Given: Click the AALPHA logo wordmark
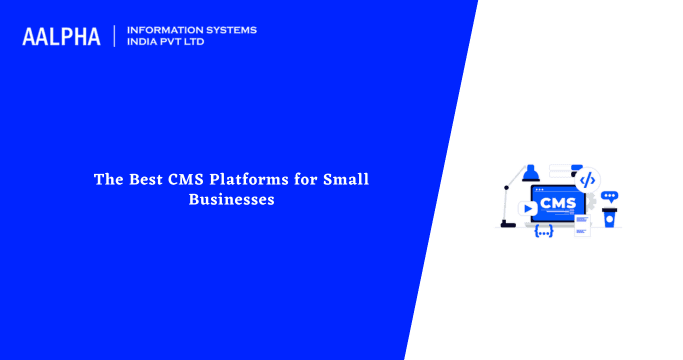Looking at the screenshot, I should [x=61, y=37].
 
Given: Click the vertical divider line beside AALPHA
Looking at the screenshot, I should [x=115, y=37].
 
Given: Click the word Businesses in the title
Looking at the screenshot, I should [x=231, y=199].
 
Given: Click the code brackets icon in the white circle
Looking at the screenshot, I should [x=587, y=180].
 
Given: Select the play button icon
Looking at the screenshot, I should [x=527, y=209].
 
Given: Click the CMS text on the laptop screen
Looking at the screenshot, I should [x=557, y=204].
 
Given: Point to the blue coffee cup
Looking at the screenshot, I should [x=609, y=218].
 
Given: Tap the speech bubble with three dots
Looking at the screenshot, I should [x=610, y=196].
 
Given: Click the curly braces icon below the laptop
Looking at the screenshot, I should [x=544, y=232].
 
